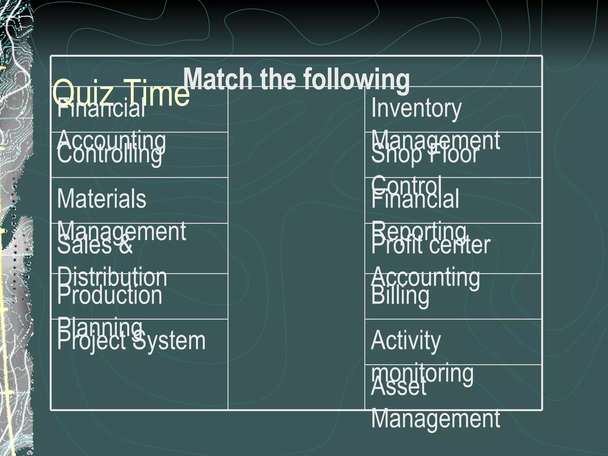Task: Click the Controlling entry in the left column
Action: (x=110, y=154)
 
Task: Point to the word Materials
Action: (x=102, y=199)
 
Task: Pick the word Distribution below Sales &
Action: (x=112, y=277)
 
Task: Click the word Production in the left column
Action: (x=110, y=295)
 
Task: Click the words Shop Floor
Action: (x=425, y=154)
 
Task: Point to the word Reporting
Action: (x=418, y=232)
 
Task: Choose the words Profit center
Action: (x=430, y=246)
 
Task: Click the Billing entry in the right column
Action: (x=400, y=295)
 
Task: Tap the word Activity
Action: (x=406, y=341)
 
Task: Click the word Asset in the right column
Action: (x=398, y=387)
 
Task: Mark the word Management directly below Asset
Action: (x=435, y=419)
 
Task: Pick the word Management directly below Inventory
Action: (x=435, y=140)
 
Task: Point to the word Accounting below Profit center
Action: (x=425, y=277)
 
